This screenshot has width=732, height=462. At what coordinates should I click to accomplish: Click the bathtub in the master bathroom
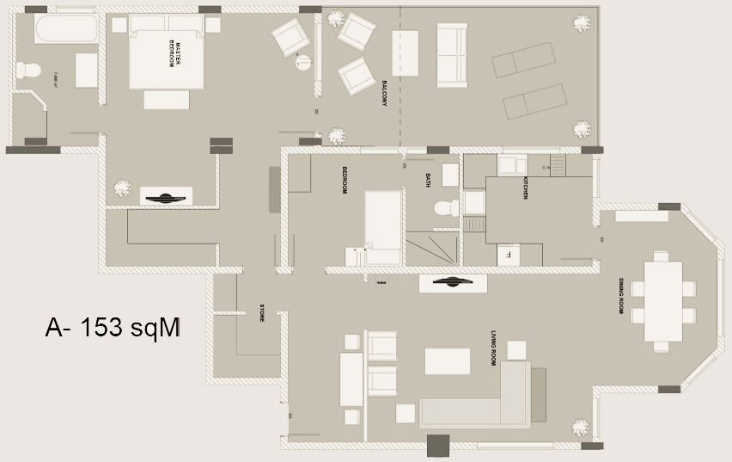point(66,29)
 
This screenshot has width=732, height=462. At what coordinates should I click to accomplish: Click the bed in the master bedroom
point(167,53)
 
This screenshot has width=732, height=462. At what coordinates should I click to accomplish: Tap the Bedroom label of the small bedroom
point(345,180)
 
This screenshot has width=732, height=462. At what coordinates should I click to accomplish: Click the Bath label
point(428,180)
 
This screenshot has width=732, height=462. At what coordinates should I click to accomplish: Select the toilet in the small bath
point(445,207)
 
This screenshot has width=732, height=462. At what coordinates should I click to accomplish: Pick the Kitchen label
point(526,188)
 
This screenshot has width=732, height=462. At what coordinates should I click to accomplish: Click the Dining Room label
point(620,294)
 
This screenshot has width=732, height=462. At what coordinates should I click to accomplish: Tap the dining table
point(662,301)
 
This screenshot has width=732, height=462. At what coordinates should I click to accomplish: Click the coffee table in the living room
point(448,360)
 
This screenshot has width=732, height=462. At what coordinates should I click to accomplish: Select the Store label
point(261,314)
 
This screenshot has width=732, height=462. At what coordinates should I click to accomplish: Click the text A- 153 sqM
point(113,328)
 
